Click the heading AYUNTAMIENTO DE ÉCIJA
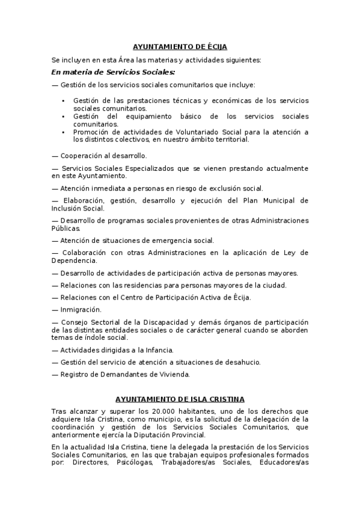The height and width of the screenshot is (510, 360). pos(180,46)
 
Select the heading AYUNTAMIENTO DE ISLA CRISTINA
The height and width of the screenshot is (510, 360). pos(180,399)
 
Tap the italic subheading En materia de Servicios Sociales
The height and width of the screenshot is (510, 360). pos(114,72)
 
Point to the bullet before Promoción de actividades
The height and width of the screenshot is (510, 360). pos(64,132)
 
